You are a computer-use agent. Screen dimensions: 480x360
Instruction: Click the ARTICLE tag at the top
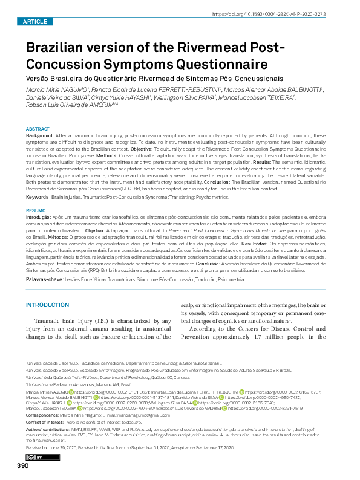[34, 21]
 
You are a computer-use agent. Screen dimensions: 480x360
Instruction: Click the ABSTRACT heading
[38, 129]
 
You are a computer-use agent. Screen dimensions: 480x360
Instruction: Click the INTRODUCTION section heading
[48, 305]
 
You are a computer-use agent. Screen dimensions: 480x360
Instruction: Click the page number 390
[22, 465]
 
